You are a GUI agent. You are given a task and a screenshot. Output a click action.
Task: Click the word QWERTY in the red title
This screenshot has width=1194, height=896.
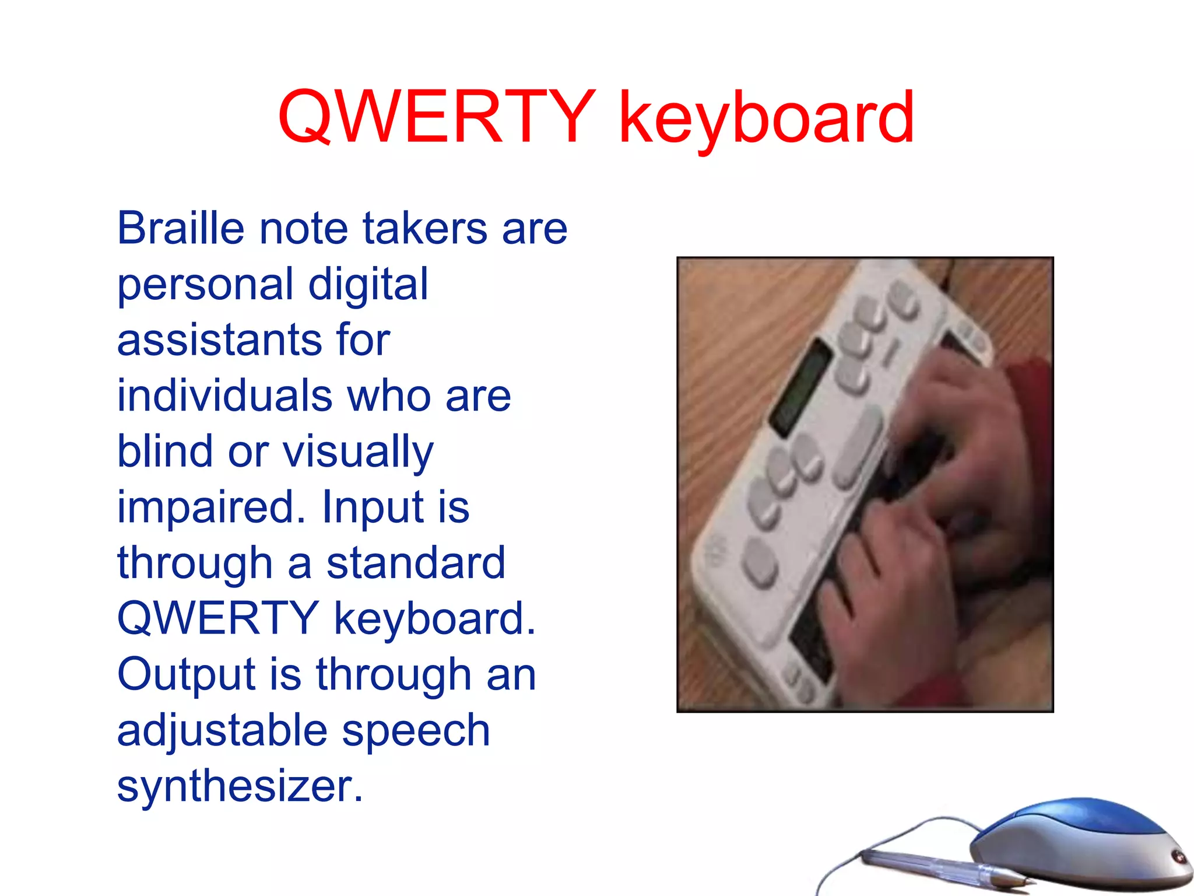pos(436,117)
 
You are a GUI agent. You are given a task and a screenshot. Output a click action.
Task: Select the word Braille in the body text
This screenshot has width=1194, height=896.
pos(180,228)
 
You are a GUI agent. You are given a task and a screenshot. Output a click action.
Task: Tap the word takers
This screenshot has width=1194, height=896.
pos(424,228)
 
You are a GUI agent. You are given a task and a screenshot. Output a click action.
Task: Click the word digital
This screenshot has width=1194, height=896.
pos(368,284)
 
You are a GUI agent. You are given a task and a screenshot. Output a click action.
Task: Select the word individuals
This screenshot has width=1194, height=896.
pos(225,395)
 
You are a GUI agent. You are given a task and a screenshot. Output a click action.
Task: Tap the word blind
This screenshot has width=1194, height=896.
pos(165,451)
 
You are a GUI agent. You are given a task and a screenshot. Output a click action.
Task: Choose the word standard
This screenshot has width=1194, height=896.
pos(415,563)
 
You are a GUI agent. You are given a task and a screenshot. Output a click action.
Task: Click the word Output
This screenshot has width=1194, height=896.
pos(186,674)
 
